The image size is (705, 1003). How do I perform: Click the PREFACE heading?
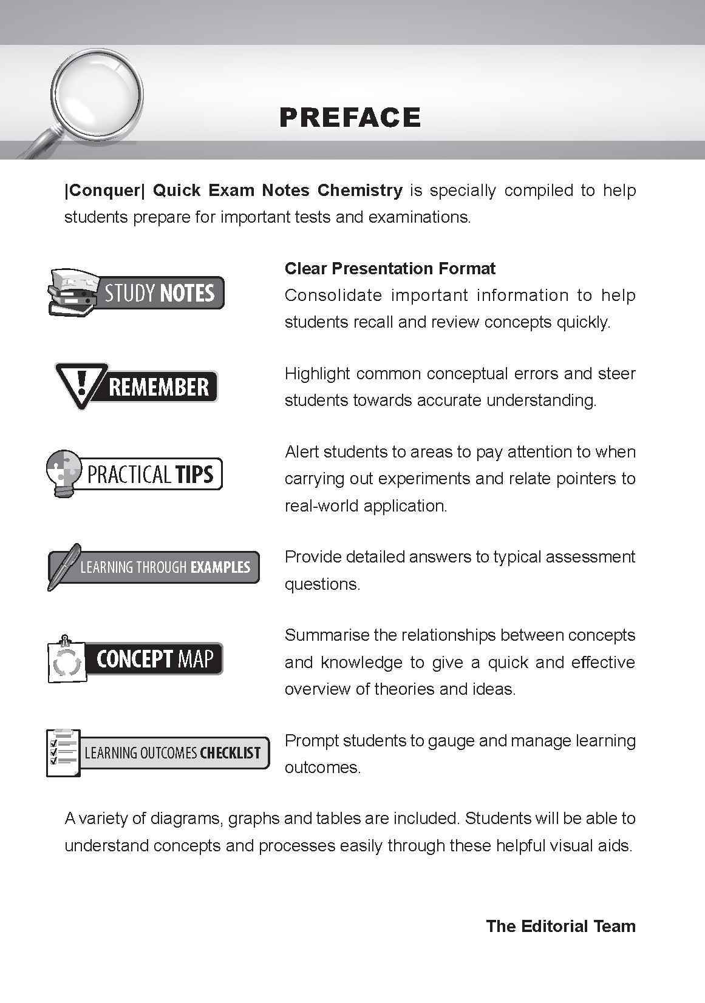pyautogui.click(x=350, y=117)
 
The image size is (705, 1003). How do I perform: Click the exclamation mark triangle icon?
pyautogui.click(x=80, y=385)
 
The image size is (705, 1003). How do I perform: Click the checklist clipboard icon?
pyautogui.click(x=63, y=752)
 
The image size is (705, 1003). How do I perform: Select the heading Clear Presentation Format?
pyautogui.click(x=390, y=268)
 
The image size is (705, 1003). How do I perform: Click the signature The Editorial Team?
pyautogui.click(x=560, y=926)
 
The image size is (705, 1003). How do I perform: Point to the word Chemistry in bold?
pyautogui.click(x=359, y=190)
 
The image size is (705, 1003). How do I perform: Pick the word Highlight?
pyautogui.click(x=316, y=373)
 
